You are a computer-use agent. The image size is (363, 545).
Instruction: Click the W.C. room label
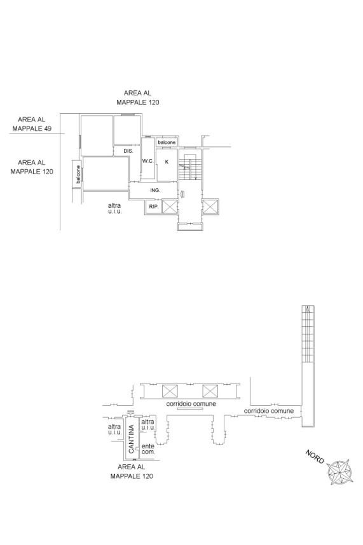pyautogui.click(x=148, y=161)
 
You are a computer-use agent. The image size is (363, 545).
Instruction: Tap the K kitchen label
pyautogui.click(x=167, y=162)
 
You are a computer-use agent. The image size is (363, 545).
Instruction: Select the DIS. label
pyautogui.click(x=128, y=151)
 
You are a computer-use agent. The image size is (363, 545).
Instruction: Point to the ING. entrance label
pyautogui.click(x=155, y=190)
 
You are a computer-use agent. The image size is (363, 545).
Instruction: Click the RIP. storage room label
pyautogui.click(x=154, y=207)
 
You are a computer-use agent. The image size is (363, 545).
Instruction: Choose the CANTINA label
pyautogui.click(x=131, y=439)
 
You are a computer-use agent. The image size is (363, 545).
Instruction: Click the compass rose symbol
pyautogui.click(x=340, y=473)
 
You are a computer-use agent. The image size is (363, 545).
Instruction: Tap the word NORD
pyautogui.click(x=315, y=457)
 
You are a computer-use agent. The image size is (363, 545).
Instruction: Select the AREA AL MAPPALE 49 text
pyautogui.click(x=32, y=124)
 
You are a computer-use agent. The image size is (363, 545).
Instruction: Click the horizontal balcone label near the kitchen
pyautogui.click(x=167, y=142)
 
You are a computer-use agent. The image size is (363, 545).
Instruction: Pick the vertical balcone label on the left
pyautogui.click(x=78, y=174)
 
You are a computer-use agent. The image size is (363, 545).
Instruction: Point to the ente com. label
pyautogui.click(x=148, y=449)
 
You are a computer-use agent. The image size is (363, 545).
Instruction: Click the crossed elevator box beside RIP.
pyautogui.click(x=170, y=207)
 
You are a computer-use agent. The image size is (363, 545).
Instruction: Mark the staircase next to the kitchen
pyautogui.click(x=190, y=167)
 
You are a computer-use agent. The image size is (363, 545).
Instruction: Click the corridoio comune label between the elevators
pyautogui.click(x=191, y=404)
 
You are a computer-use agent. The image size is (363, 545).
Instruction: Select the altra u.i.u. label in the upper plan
pyautogui.click(x=114, y=208)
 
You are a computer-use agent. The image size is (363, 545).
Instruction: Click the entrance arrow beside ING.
pyautogui.click(x=182, y=194)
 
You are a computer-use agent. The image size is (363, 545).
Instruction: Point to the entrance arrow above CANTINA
pyautogui.click(x=130, y=412)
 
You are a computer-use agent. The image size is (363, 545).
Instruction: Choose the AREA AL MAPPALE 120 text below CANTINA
pyautogui.click(x=132, y=471)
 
